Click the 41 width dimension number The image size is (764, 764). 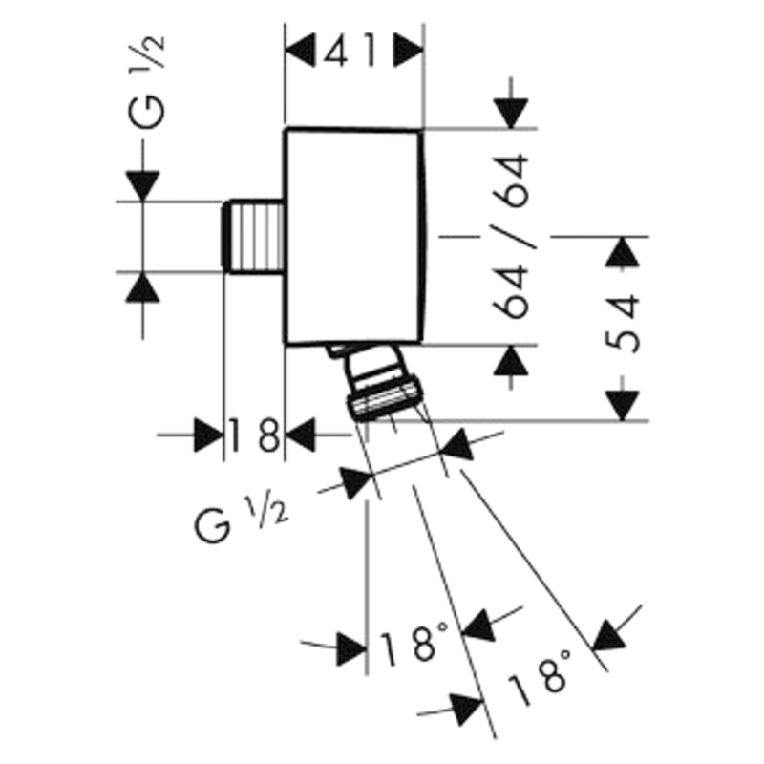pos(354,50)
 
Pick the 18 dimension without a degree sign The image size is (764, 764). pos(254,436)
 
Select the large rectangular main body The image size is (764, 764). pos(353,235)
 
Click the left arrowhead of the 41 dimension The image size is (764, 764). pos(302,50)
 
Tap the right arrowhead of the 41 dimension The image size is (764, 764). pos(409,50)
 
